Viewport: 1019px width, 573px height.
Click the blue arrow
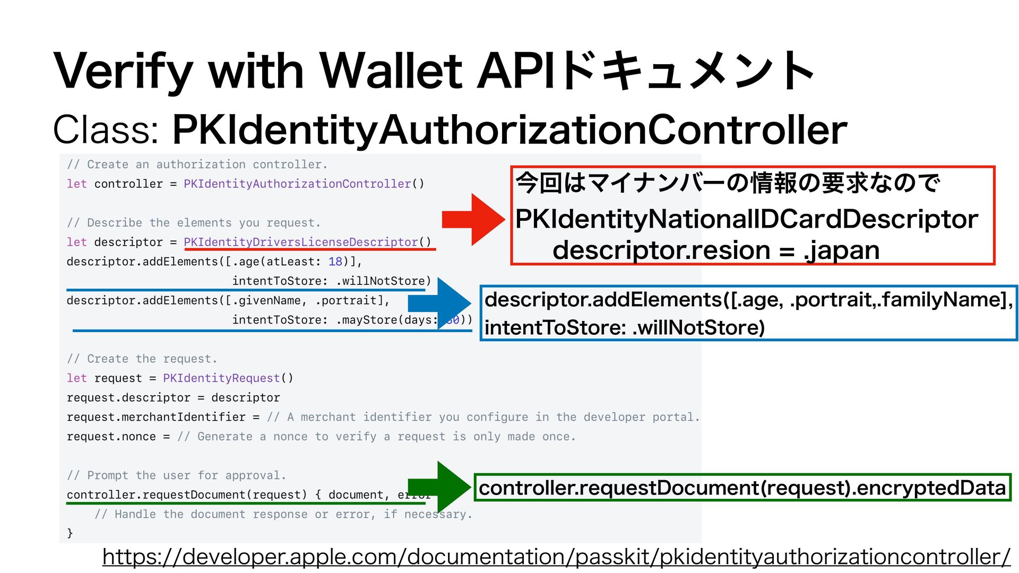(x=441, y=303)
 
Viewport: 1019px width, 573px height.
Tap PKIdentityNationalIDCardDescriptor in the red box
(x=746, y=219)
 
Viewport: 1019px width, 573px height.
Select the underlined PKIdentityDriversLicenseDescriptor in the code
(x=301, y=242)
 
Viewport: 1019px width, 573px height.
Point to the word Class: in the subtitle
(x=106, y=129)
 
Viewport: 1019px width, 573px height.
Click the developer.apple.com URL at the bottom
(x=556, y=557)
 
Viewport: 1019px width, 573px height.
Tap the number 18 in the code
(x=335, y=262)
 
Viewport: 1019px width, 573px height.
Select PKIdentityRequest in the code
(x=221, y=378)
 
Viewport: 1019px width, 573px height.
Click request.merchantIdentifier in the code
(x=156, y=417)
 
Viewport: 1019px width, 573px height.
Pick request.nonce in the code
(x=111, y=437)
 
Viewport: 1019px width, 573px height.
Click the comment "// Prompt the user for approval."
(x=177, y=475)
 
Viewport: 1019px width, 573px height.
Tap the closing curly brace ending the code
(x=70, y=533)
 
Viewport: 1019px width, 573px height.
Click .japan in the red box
(x=842, y=250)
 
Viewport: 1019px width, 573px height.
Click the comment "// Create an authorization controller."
(x=197, y=164)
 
